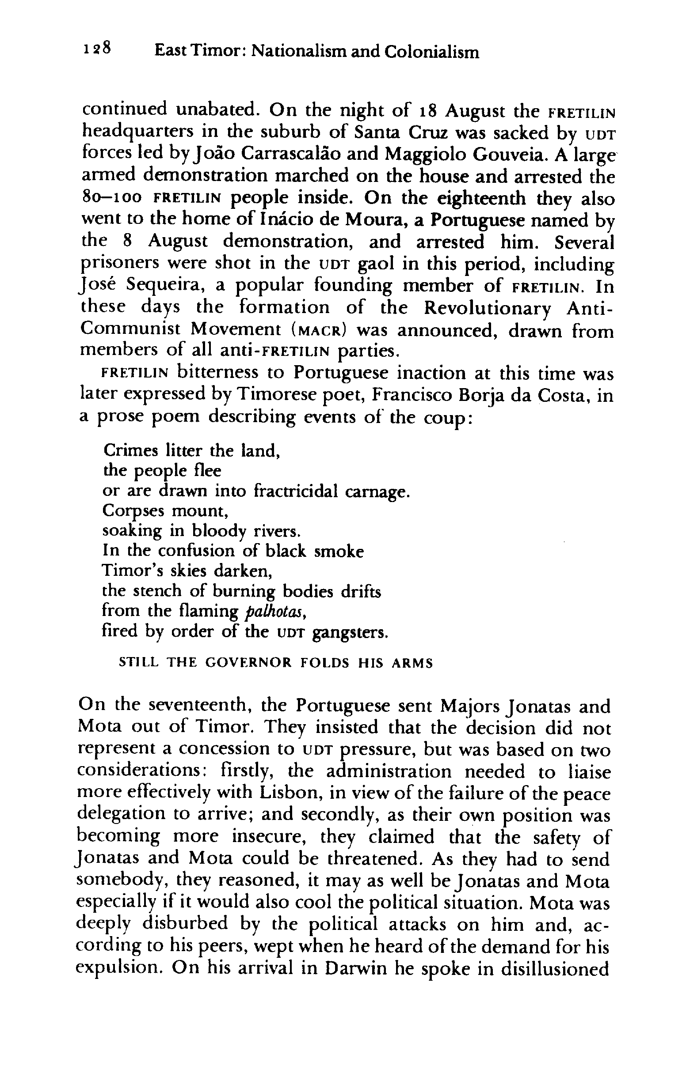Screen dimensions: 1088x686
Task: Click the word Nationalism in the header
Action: (297, 52)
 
